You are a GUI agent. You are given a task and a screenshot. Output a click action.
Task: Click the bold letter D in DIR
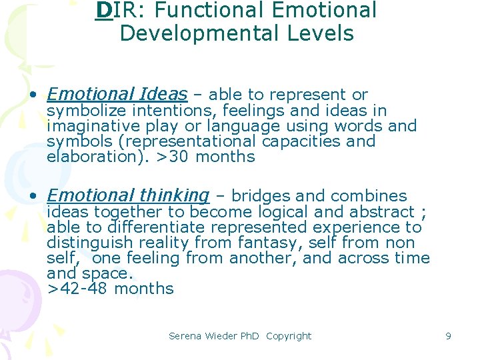(103, 10)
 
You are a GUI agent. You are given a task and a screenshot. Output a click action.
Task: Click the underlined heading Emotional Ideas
(117, 94)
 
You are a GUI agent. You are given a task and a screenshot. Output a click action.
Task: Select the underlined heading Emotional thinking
(128, 195)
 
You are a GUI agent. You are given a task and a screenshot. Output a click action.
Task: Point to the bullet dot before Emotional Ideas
(33, 95)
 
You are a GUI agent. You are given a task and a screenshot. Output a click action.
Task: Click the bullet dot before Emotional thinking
(33, 197)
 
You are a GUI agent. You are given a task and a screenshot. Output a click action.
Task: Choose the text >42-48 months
(110, 289)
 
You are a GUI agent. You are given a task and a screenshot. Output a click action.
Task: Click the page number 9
(448, 336)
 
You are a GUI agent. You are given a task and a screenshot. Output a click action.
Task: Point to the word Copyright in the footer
(289, 336)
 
